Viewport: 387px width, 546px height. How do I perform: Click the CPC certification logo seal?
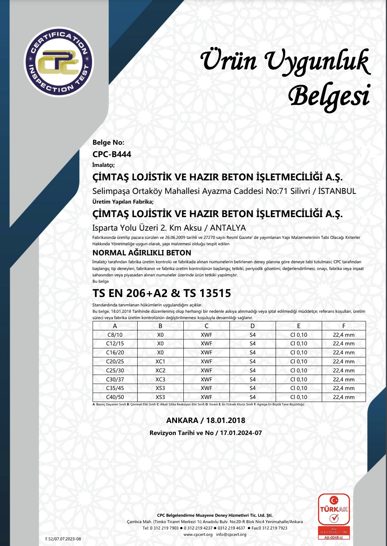pyautogui.click(x=59, y=62)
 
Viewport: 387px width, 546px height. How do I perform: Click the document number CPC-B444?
pyautogui.click(x=112, y=154)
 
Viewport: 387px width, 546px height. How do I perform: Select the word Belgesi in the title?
pyautogui.click(x=329, y=96)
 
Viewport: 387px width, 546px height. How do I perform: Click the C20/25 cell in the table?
pyautogui.click(x=115, y=361)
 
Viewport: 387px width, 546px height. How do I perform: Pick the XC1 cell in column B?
pyautogui.click(x=160, y=361)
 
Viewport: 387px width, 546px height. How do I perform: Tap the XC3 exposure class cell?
pyautogui.click(x=160, y=379)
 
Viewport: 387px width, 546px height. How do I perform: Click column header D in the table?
pyautogui.click(x=252, y=326)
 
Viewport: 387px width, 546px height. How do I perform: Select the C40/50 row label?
pyautogui.click(x=115, y=397)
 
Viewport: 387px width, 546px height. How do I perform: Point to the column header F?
pyautogui.click(x=343, y=326)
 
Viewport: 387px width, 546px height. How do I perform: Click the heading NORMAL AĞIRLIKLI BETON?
pyautogui.click(x=142, y=253)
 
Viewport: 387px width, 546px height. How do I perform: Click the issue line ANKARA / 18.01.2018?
pyautogui.click(x=205, y=420)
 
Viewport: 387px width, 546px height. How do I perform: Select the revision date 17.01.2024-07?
pyautogui.click(x=241, y=433)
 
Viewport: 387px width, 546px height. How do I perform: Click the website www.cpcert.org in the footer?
pyautogui.click(x=198, y=534)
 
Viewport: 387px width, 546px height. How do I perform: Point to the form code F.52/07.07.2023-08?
pyautogui.click(x=63, y=539)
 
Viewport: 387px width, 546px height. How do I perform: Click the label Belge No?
pyautogui.click(x=108, y=142)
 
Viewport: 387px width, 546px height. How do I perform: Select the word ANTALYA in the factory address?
pyautogui.click(x=228, y=228)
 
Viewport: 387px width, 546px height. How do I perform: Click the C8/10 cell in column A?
pyautogui.click(x=115, y=335)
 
